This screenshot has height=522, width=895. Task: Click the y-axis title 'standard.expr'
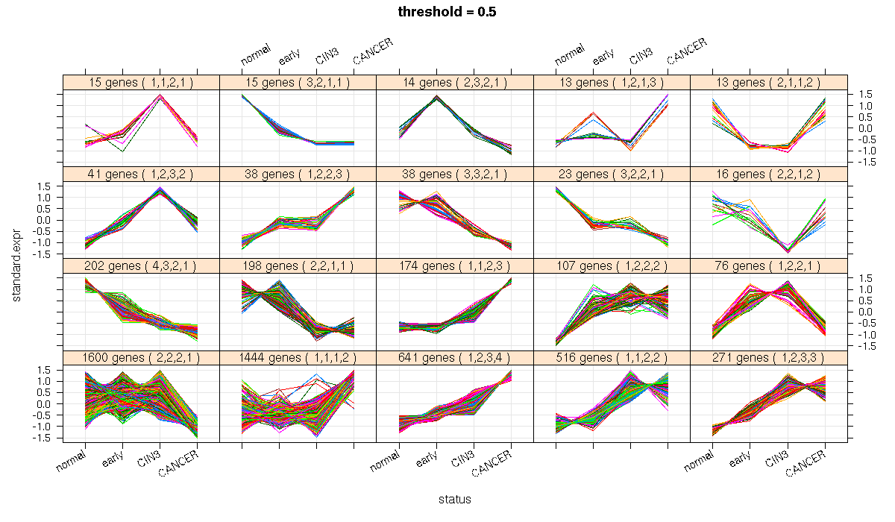[16, 265]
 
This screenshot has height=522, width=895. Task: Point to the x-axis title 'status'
[455, 500]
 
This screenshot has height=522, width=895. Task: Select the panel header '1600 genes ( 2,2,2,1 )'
[141, 358]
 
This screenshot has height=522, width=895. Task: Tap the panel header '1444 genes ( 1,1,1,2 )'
[298, 358]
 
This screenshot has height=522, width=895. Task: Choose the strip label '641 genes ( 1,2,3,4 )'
[455, 358]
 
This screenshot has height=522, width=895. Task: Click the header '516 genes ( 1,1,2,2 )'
[612, 358]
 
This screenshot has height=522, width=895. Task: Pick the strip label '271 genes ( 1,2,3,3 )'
[768, 358]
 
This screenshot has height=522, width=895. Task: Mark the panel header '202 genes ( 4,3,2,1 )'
[141, 266]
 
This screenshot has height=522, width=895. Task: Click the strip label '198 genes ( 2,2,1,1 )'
[298, 266]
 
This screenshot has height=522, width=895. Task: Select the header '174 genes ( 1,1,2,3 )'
[455, 266]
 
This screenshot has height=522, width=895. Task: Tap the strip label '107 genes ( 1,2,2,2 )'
[612, 266]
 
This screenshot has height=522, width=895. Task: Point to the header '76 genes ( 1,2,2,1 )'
[768, 266]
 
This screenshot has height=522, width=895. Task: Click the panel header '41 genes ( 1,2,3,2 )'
[141, 174]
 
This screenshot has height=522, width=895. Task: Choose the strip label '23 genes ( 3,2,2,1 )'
[612, 174]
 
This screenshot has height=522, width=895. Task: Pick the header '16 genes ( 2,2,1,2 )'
[768, 174]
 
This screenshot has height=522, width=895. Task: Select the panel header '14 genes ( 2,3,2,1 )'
[455, 83]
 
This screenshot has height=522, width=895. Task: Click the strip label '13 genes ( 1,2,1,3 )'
[612, 83]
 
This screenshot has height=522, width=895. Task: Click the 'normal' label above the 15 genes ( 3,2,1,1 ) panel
[256, 55]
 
